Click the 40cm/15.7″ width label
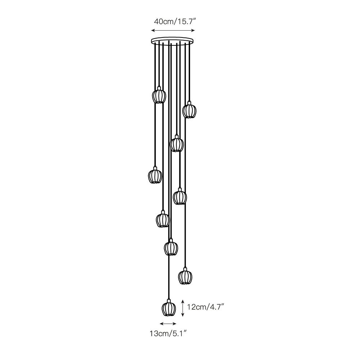coord(175,22)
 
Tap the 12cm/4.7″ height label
coord(206,307)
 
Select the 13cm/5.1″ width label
coord(167,333)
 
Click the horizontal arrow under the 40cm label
coord(173,30)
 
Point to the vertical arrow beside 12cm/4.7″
coord(183,308)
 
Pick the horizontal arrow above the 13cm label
coord(168,324)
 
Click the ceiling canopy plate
coord(172,41)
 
